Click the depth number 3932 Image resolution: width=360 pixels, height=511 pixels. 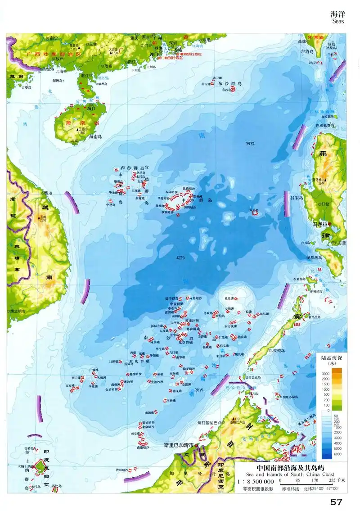(250, 144)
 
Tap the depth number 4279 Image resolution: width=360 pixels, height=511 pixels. (181, 258)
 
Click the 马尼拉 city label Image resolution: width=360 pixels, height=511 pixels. (320, 224)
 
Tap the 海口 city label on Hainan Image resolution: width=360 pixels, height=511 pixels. (92, 109)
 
